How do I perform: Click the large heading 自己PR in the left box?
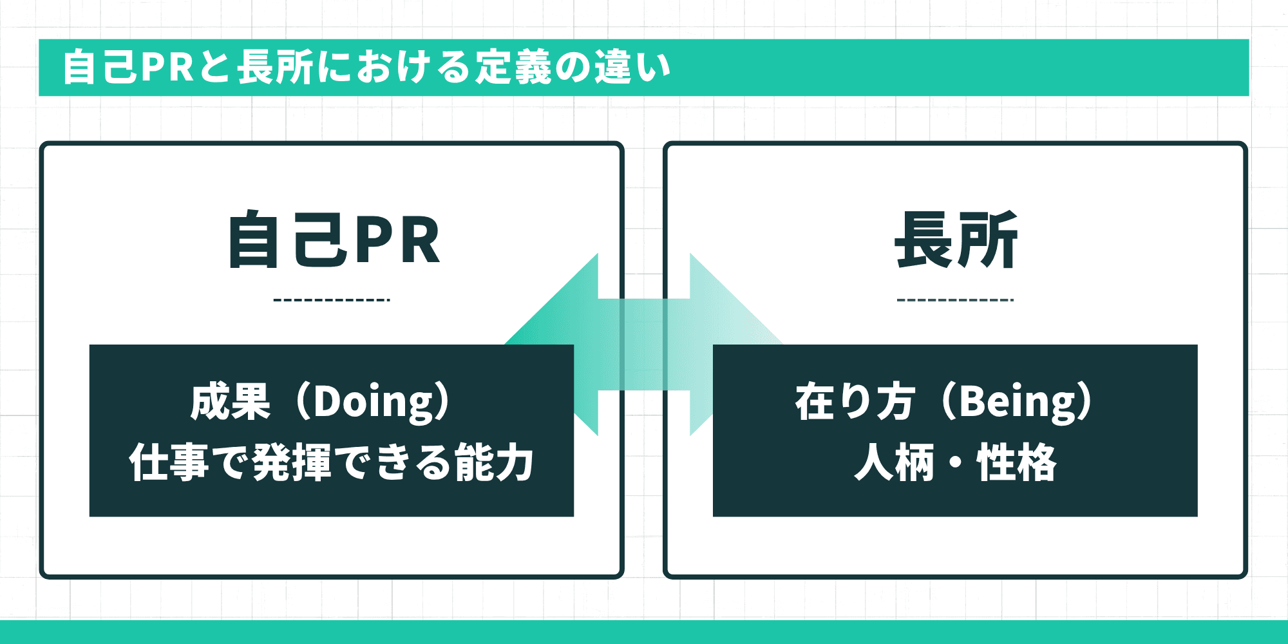coord(334,240)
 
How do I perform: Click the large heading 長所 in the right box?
coord(956,240)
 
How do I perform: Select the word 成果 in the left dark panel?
coord(231,402)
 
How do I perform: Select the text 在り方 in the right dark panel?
coord(855,402)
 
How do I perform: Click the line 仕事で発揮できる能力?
coord(332,462)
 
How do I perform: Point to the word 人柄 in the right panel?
coord(894,462)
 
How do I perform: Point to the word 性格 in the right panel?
coord(1017,462)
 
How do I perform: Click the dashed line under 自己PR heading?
coord(332,300)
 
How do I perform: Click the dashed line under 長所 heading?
coord(955,300)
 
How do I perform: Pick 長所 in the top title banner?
coord(275,67)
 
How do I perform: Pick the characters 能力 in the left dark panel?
coord(494,462)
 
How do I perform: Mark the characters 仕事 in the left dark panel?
coord(169,462)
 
